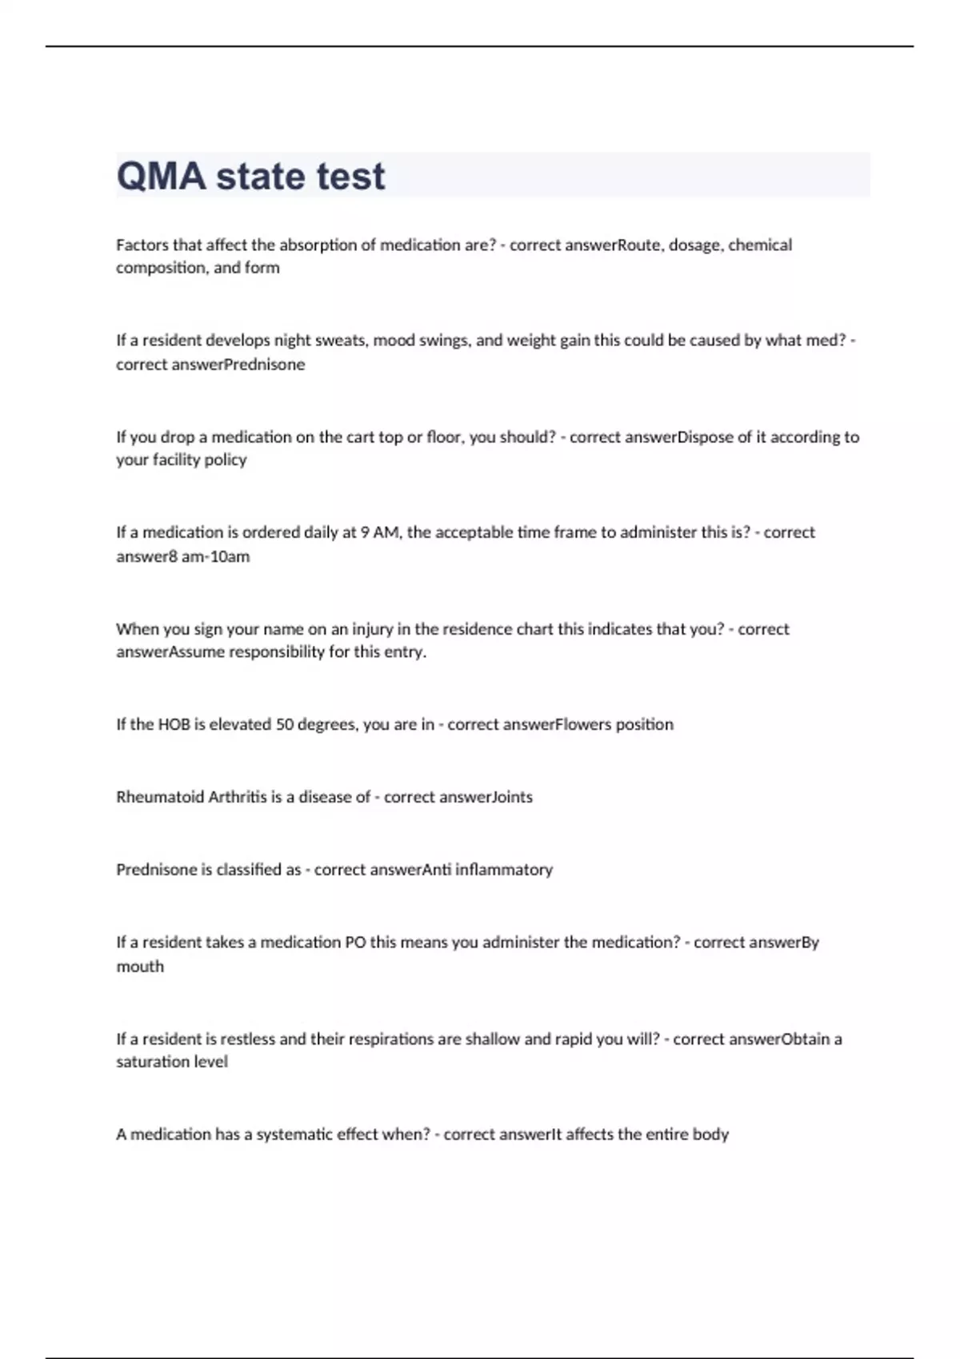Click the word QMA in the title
(x=161, y=177)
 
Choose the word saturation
(x=150, y=1062)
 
